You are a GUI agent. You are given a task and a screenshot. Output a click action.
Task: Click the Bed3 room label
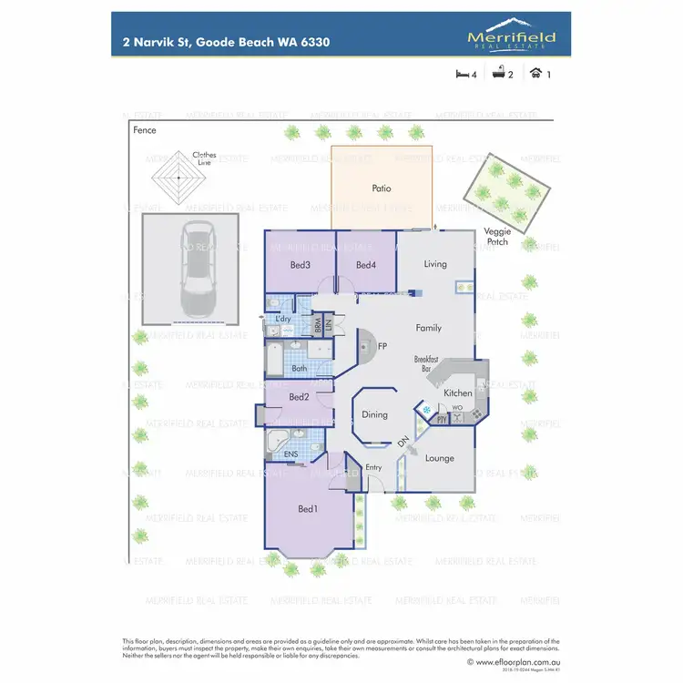[x=301, y=265]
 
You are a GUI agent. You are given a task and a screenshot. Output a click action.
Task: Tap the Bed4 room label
[x=366, y=265]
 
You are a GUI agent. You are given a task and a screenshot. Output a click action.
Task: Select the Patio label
[x=382, y=189]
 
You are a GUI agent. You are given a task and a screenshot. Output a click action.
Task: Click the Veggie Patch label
[x=497, y=237]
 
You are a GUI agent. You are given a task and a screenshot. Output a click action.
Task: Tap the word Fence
[x=145, y=130]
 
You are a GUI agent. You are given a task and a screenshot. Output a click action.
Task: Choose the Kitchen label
[x=458, y=392]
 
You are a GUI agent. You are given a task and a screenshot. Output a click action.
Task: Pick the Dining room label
[x=374, y=414]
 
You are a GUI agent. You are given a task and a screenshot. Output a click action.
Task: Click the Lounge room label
[x=439, y=458]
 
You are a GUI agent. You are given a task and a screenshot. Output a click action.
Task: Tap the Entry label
[x=374, y=467]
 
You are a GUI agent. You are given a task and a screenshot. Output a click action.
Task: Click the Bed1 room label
[x=308, y=508]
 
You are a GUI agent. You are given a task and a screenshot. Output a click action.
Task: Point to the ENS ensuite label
[x=291, y=454]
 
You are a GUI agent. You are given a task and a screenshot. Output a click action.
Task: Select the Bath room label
[x=300, y=369]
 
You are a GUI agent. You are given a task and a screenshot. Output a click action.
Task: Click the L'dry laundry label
[x=283, y=318]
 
